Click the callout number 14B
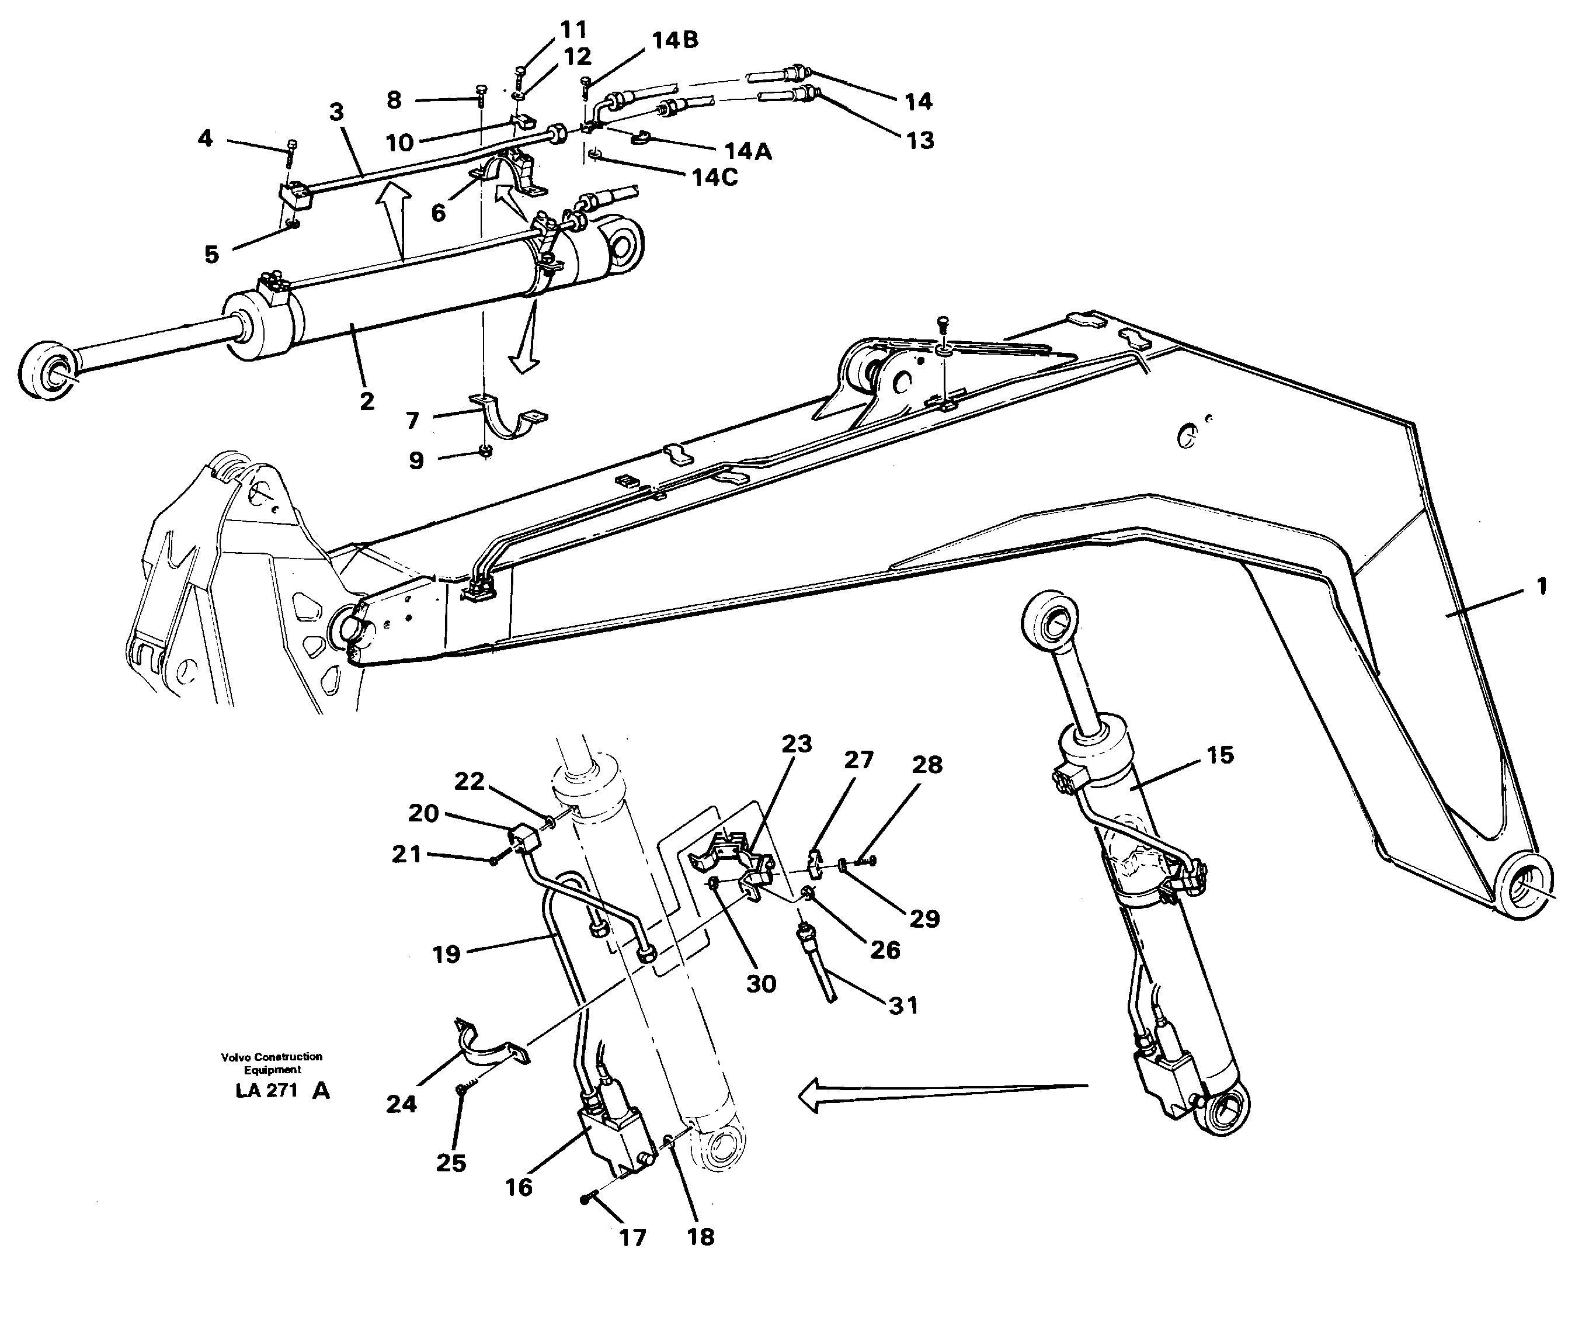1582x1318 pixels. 674,41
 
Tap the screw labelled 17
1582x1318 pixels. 588,1199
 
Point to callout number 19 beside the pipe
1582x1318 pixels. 446,954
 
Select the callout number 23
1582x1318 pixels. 797,744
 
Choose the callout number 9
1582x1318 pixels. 416,460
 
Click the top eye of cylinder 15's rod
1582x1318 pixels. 1049,621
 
